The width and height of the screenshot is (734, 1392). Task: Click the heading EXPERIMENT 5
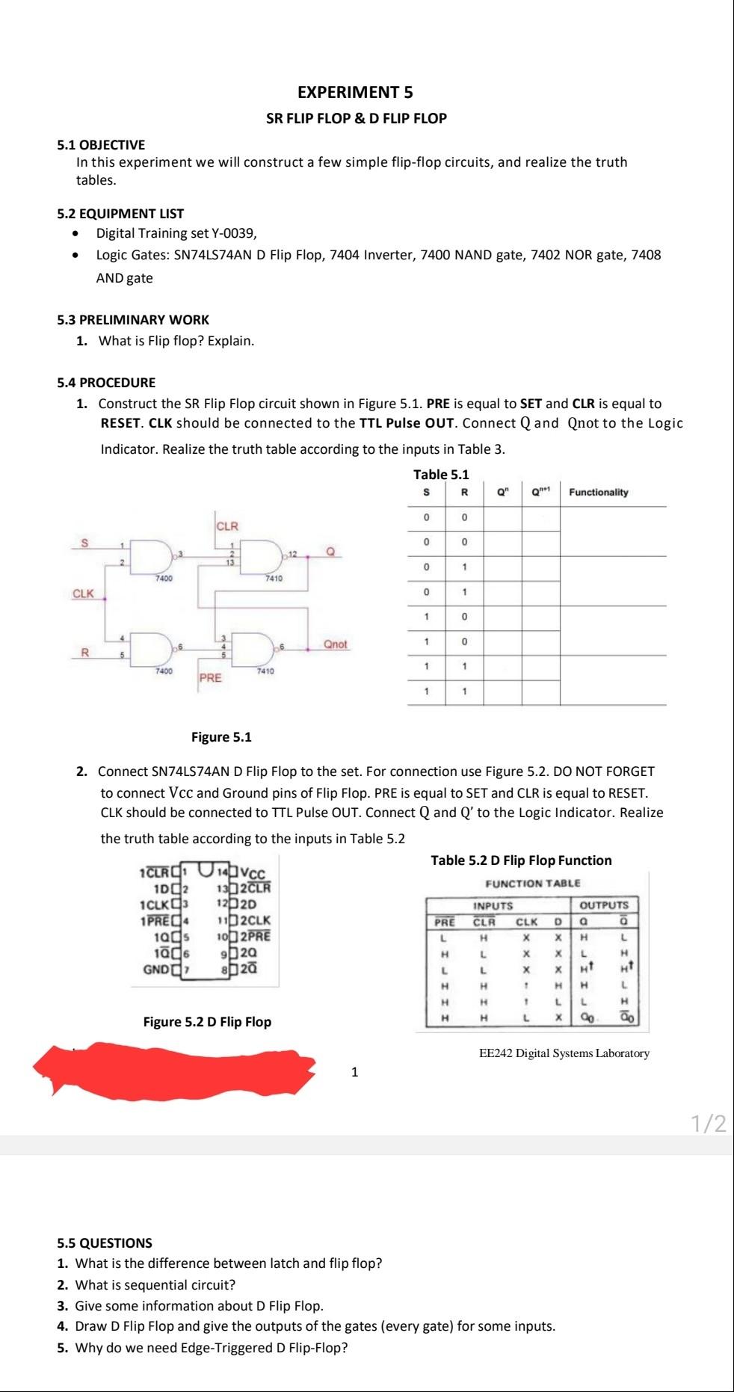tap(355, 93)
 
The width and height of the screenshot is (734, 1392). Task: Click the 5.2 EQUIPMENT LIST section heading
tap(120, 214)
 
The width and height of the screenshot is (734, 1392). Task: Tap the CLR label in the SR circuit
tap(227, 526)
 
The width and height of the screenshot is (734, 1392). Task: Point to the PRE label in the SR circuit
tap(210, 678)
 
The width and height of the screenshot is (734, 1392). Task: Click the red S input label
tap(84, 543)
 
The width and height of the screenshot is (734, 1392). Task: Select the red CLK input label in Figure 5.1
tap(83, 594)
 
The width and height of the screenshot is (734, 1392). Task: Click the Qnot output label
tap(335, 644)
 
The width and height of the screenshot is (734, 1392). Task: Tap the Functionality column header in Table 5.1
tap(598, 492)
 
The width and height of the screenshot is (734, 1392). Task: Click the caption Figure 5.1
tap(221, 737)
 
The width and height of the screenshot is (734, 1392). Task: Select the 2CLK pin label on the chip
tap(255, 920)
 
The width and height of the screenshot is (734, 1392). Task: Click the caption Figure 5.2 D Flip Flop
tap(207, 1022)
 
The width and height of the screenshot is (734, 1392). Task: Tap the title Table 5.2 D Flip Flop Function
tap(521, 860)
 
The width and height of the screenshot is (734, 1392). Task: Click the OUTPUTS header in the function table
tap(604, 905)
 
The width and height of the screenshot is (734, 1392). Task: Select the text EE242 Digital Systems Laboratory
tap(564, 1053)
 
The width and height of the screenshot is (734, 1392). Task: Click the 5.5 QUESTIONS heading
tap(105, 1243)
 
